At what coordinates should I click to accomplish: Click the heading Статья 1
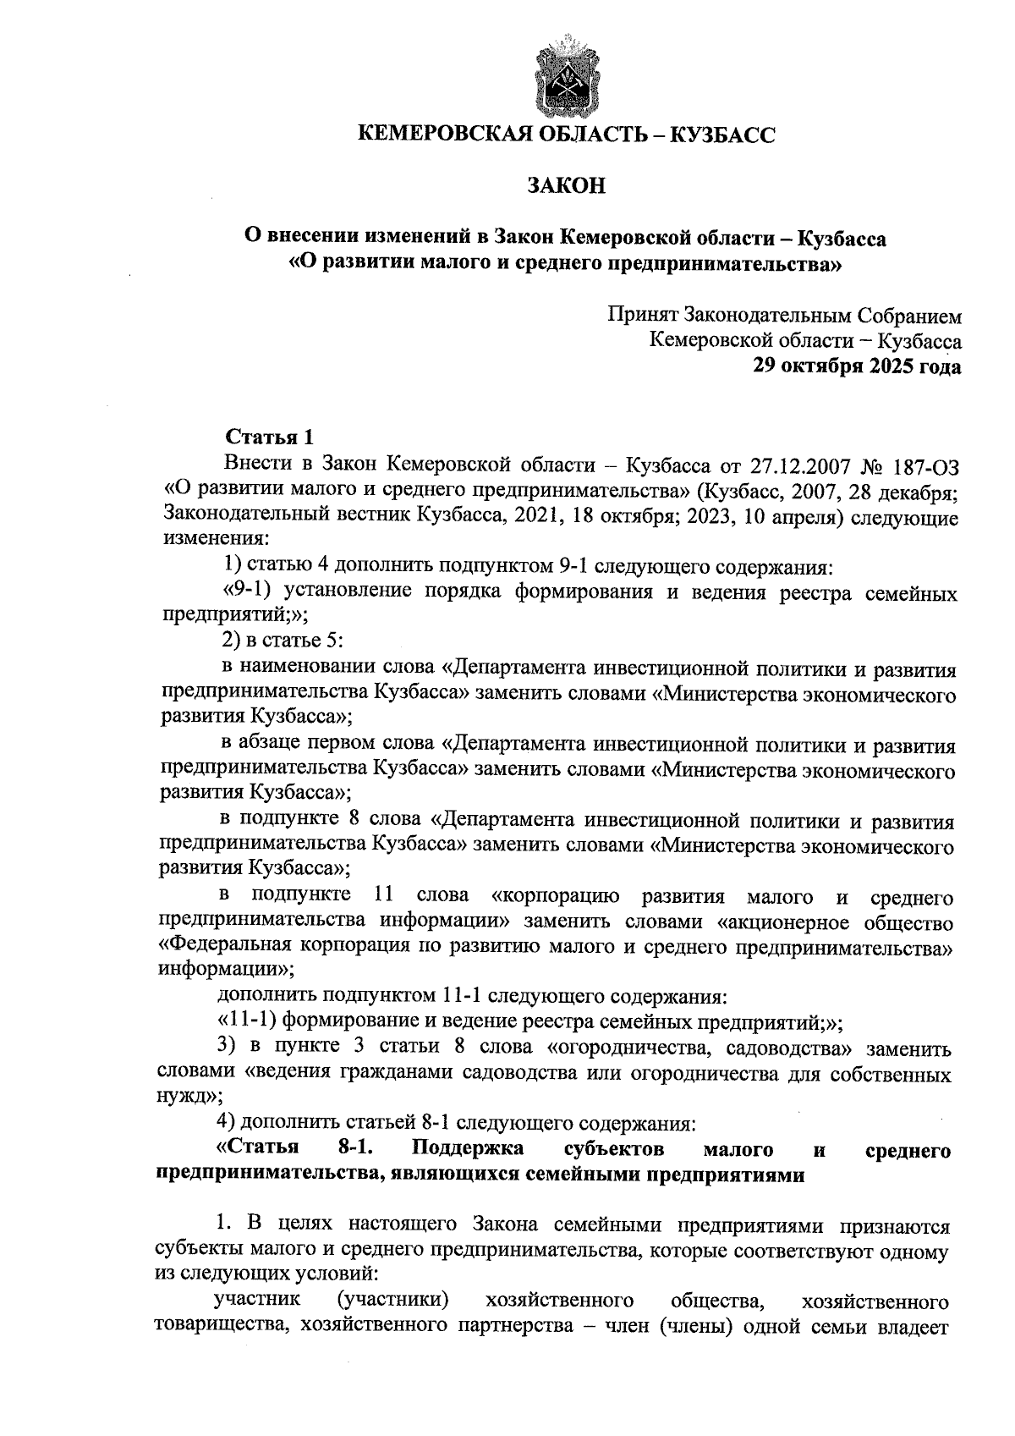coord(268,437)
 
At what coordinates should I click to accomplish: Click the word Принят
coord(641,316)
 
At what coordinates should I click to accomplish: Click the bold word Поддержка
coord(468,1149)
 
